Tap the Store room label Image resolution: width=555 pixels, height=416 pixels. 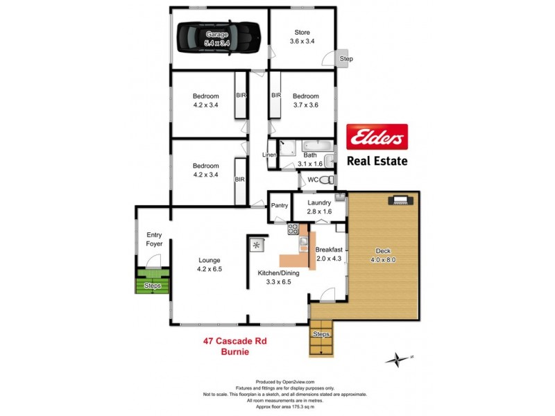tap(302, 37)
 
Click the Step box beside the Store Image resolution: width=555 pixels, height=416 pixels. tap(345, 59)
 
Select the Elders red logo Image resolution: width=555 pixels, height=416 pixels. tap(377, 137)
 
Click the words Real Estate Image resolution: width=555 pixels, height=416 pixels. tap(377, 162)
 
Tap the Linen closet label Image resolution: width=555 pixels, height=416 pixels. tap(269, 155)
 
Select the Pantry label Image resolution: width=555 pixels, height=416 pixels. tap(280, 205)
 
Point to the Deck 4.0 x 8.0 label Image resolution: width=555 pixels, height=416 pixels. tap(384, 255)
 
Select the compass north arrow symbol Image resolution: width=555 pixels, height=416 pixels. tap(398, 358)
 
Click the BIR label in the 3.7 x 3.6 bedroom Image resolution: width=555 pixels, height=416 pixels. tap(275, 95)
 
